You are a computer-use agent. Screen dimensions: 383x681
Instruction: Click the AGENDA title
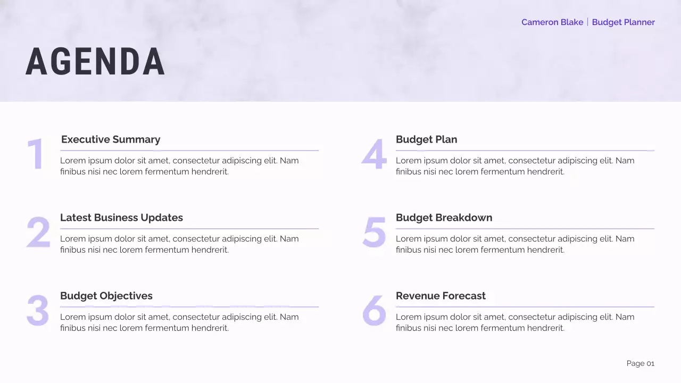pos(95,62)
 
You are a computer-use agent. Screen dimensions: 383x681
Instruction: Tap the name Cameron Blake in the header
pos(552,22)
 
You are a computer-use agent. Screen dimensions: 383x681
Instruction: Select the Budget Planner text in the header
pos(623,22)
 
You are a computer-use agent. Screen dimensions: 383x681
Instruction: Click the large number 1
pos(36,155)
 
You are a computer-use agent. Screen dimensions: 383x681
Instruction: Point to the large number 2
pos(38,232)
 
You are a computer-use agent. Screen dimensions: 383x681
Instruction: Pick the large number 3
pos(38,311)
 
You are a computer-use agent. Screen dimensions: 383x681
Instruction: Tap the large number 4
pos(374,155)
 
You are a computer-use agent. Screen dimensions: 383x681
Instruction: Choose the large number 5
pos(374,232)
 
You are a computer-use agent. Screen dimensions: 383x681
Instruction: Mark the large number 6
pos(374,311)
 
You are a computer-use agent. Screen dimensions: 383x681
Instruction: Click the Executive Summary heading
pos(111,139)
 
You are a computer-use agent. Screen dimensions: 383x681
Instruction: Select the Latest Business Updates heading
pos(121,218)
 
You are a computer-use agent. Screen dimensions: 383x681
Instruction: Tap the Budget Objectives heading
pos(106,296)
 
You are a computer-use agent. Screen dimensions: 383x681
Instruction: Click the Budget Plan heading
pos(426,139)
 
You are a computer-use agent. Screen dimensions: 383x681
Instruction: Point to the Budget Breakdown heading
pos(444,218)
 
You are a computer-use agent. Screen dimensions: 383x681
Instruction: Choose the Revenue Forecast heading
pos(441,296)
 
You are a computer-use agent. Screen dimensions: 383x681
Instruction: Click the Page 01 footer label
pos(640,363)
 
